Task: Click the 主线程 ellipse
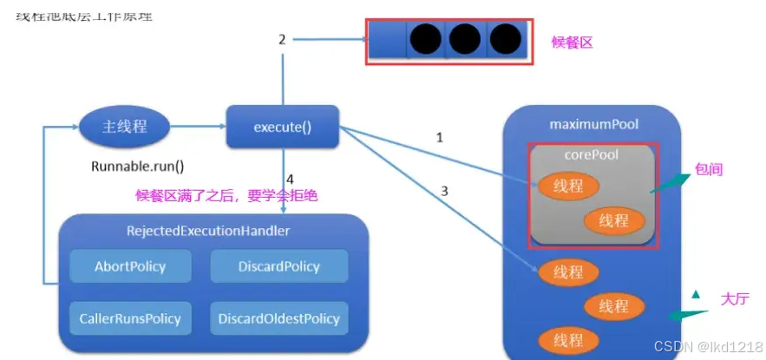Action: click(x=124, y=127)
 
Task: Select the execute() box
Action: click(x=282, y=128)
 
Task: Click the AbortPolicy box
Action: click(x=129, y=266)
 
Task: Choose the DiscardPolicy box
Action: click(x=278, y=266)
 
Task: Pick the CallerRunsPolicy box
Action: click(x=129, y=318)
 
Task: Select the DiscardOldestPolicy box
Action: click(x=278, y=318)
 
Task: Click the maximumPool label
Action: click(x=593, y=125)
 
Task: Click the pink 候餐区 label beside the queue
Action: click(x=572, y=42)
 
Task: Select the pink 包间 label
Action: click(x=708, y=170)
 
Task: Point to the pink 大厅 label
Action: click(x=734, y=298)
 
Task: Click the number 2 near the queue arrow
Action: click(x=282, y=39)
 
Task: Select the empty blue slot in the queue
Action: click(x=387, y=40)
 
